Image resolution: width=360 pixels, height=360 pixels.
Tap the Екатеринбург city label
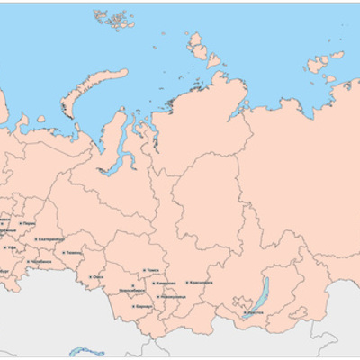click(x=52, y=238)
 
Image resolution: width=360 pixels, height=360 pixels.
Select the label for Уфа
click(x=13, y=247)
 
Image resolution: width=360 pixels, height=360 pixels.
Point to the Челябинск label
click(x=41, y=261)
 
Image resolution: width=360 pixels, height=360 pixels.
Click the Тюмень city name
click(x=71, y=254)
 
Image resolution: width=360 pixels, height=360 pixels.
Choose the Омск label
click(x=100, y=277)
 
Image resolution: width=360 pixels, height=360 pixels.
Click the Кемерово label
click(x=166, y=283)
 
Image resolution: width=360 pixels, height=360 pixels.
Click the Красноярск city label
click(x=202, y=283)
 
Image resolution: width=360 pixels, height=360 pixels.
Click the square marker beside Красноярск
click(x=186, y=283)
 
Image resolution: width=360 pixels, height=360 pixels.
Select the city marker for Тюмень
click(x=59, y=254)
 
